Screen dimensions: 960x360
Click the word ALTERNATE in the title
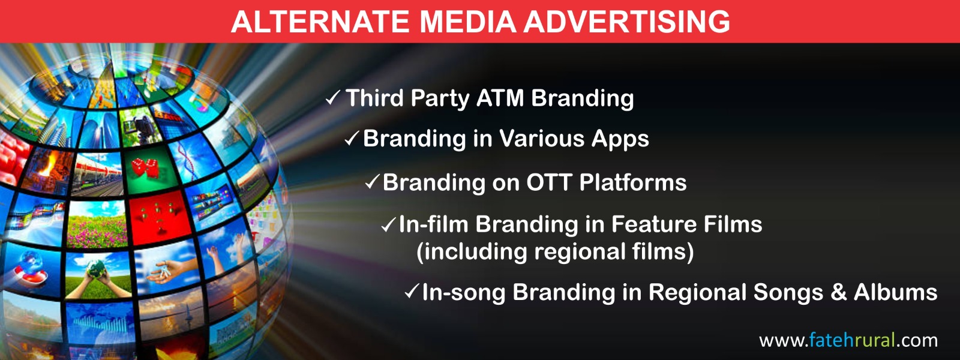[320, 22]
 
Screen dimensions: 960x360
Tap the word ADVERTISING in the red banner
[626, 22]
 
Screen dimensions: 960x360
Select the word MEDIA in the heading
[467, 22]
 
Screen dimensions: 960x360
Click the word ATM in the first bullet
[500, 98]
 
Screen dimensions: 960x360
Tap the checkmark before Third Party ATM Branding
[333, 98]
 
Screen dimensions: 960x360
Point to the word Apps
[620, 139]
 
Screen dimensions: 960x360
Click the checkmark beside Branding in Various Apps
[352, 138]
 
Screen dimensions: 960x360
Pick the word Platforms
[633, 182]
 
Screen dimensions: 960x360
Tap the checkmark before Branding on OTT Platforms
[372, 182]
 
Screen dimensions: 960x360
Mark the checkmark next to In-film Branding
[388, 224]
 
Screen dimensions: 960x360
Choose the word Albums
[895, 292]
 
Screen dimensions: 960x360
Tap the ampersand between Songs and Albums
[838, 292]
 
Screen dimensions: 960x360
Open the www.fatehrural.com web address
[848, 340]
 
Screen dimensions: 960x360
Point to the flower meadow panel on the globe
[98, 224]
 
